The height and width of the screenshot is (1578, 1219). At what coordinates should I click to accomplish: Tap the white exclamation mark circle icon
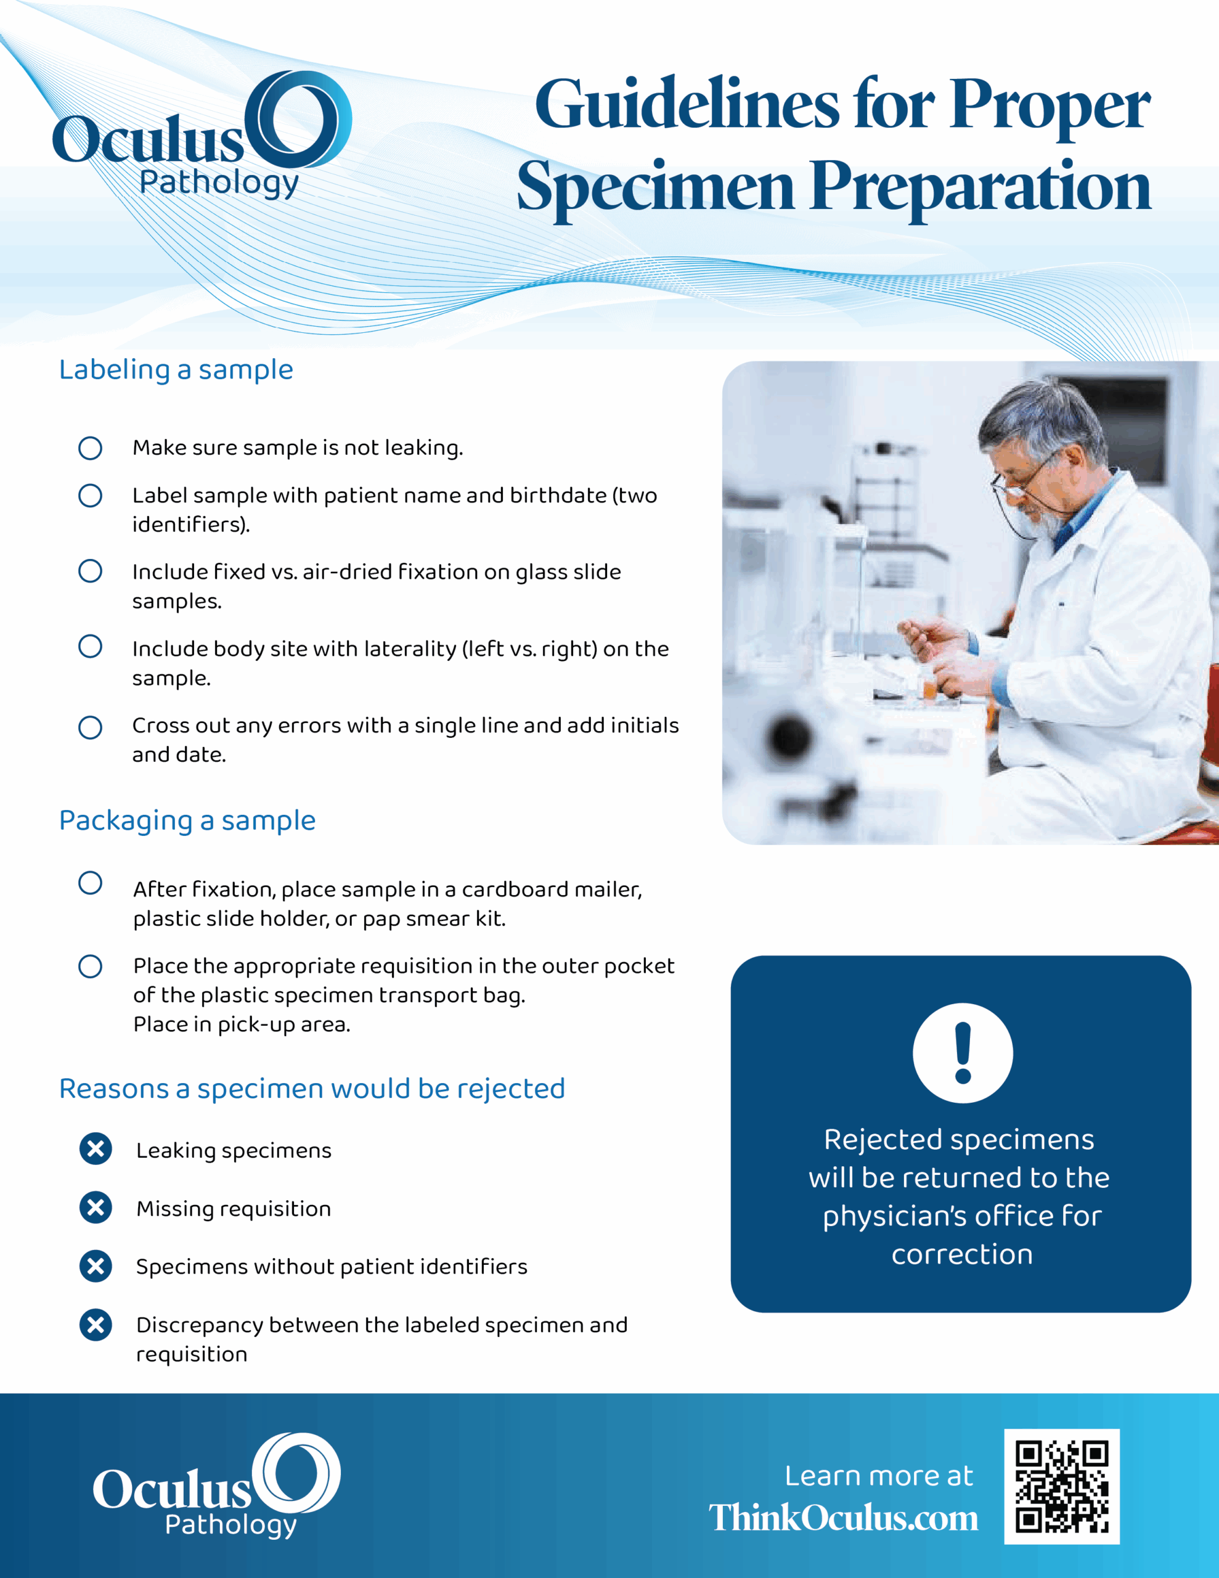click(963, 1053)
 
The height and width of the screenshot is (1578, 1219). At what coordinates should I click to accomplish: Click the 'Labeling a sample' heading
click(176, 370)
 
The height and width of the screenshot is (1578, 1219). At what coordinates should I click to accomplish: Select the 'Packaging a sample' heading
click(187, 821)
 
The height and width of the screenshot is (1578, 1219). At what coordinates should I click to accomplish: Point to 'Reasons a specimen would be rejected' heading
click(312, 1089)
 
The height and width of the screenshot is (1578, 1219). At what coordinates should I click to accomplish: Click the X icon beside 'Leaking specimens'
click(96, 1149)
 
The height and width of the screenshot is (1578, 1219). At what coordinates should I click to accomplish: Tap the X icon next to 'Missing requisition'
click(96, 1208)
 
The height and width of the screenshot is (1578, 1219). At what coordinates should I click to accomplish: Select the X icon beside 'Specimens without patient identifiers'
click(96, 1266)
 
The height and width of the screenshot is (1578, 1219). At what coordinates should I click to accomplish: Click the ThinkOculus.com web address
click(843, 1518)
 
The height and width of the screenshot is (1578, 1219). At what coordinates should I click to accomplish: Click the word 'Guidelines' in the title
click(687, 105)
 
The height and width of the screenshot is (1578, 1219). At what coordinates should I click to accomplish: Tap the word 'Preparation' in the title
click(980, 188)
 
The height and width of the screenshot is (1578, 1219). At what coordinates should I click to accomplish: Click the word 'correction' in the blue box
click(962, 1254)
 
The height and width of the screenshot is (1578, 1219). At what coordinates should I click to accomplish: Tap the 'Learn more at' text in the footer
click(879, 1476)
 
